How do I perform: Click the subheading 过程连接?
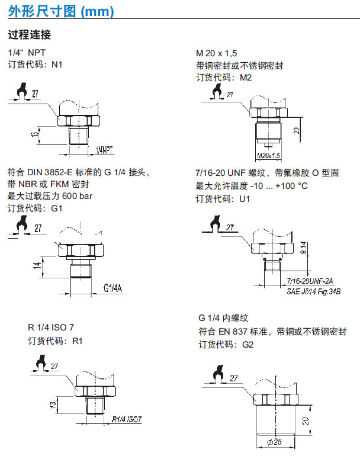(x=29, y=34)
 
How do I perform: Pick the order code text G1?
(x=57, y=208)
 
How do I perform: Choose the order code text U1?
(x=245, y=198)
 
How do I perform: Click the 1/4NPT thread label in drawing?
(x=104, y=150)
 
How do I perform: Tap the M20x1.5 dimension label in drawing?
(x=269, y=155)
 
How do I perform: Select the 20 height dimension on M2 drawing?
(x=295, y=130)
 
